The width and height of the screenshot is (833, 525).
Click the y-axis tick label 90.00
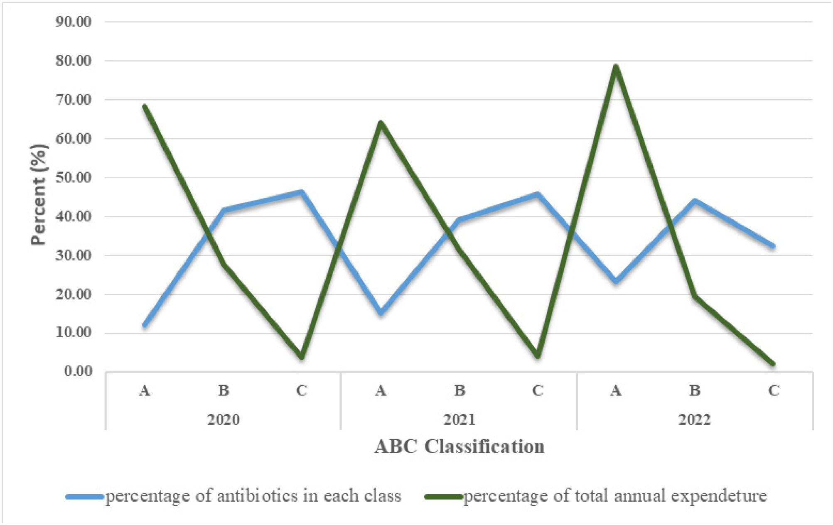click(73, 22)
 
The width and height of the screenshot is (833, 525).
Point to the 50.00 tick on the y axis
click(73, 177)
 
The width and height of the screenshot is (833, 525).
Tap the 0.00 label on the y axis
click(78, 371)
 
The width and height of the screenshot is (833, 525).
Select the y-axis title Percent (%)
click(39, 194)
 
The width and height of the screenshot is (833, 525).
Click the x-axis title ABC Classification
click(459, 447)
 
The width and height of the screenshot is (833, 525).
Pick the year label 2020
click(224, 420)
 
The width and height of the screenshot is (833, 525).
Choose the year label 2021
click(459, 420)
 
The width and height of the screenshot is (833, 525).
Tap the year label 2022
click(695, 420)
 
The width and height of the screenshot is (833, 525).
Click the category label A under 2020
click(145, 390)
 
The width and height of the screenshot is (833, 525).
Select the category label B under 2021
click(459, 390)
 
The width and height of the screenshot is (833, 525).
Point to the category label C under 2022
click(773, 390)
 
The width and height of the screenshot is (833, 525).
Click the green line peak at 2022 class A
click(616, 66)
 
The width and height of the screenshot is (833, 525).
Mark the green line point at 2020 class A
click(145, 106)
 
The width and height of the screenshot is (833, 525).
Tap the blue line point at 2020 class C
click(302, 192)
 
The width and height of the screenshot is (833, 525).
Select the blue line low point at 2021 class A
click(381, 312)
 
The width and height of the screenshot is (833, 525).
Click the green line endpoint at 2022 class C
click(773, 364)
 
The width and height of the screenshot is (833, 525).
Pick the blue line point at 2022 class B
click(695, 201)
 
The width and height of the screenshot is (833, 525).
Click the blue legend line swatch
click(84, 496)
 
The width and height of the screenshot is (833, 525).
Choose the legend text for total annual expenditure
click(615, 496)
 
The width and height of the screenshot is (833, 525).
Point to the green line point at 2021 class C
click(538, 356)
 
